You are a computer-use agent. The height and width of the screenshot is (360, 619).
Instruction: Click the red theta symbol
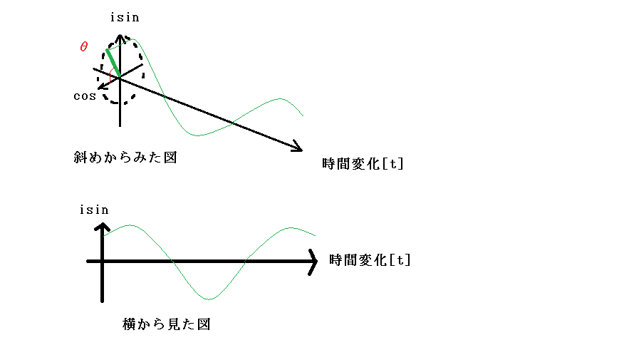tap(83, 46)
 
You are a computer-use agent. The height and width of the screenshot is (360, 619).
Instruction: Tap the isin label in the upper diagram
tap(125, 17)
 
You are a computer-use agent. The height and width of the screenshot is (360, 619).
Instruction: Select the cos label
tap(85, 96)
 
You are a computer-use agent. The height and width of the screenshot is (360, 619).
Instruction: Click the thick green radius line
tap(113, 63)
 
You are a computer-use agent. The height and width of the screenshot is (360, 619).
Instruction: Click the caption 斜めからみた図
tap(125, 158)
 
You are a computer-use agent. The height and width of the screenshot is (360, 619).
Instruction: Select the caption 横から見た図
tap(166, 324)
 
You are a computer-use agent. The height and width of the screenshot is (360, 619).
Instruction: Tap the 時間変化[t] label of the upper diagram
tap(363, 163)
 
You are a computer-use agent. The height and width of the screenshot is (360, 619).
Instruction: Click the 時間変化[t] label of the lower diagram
tap(370, 260)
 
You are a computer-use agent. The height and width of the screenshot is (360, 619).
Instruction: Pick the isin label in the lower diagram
tap(94, 210)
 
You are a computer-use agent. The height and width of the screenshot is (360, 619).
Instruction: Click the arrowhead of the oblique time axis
tap(298, 146)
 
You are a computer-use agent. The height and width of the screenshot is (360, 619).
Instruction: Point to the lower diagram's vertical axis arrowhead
tap(103, 227)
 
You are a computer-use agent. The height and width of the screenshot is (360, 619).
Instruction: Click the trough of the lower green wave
tap(209, 299)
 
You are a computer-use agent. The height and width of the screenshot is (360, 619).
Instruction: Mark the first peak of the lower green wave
tap(130, 225)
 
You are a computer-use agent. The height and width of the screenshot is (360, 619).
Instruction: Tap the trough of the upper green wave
tap(197, 135)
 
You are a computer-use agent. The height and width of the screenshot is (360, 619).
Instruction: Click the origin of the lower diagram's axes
tap(103, 261)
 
